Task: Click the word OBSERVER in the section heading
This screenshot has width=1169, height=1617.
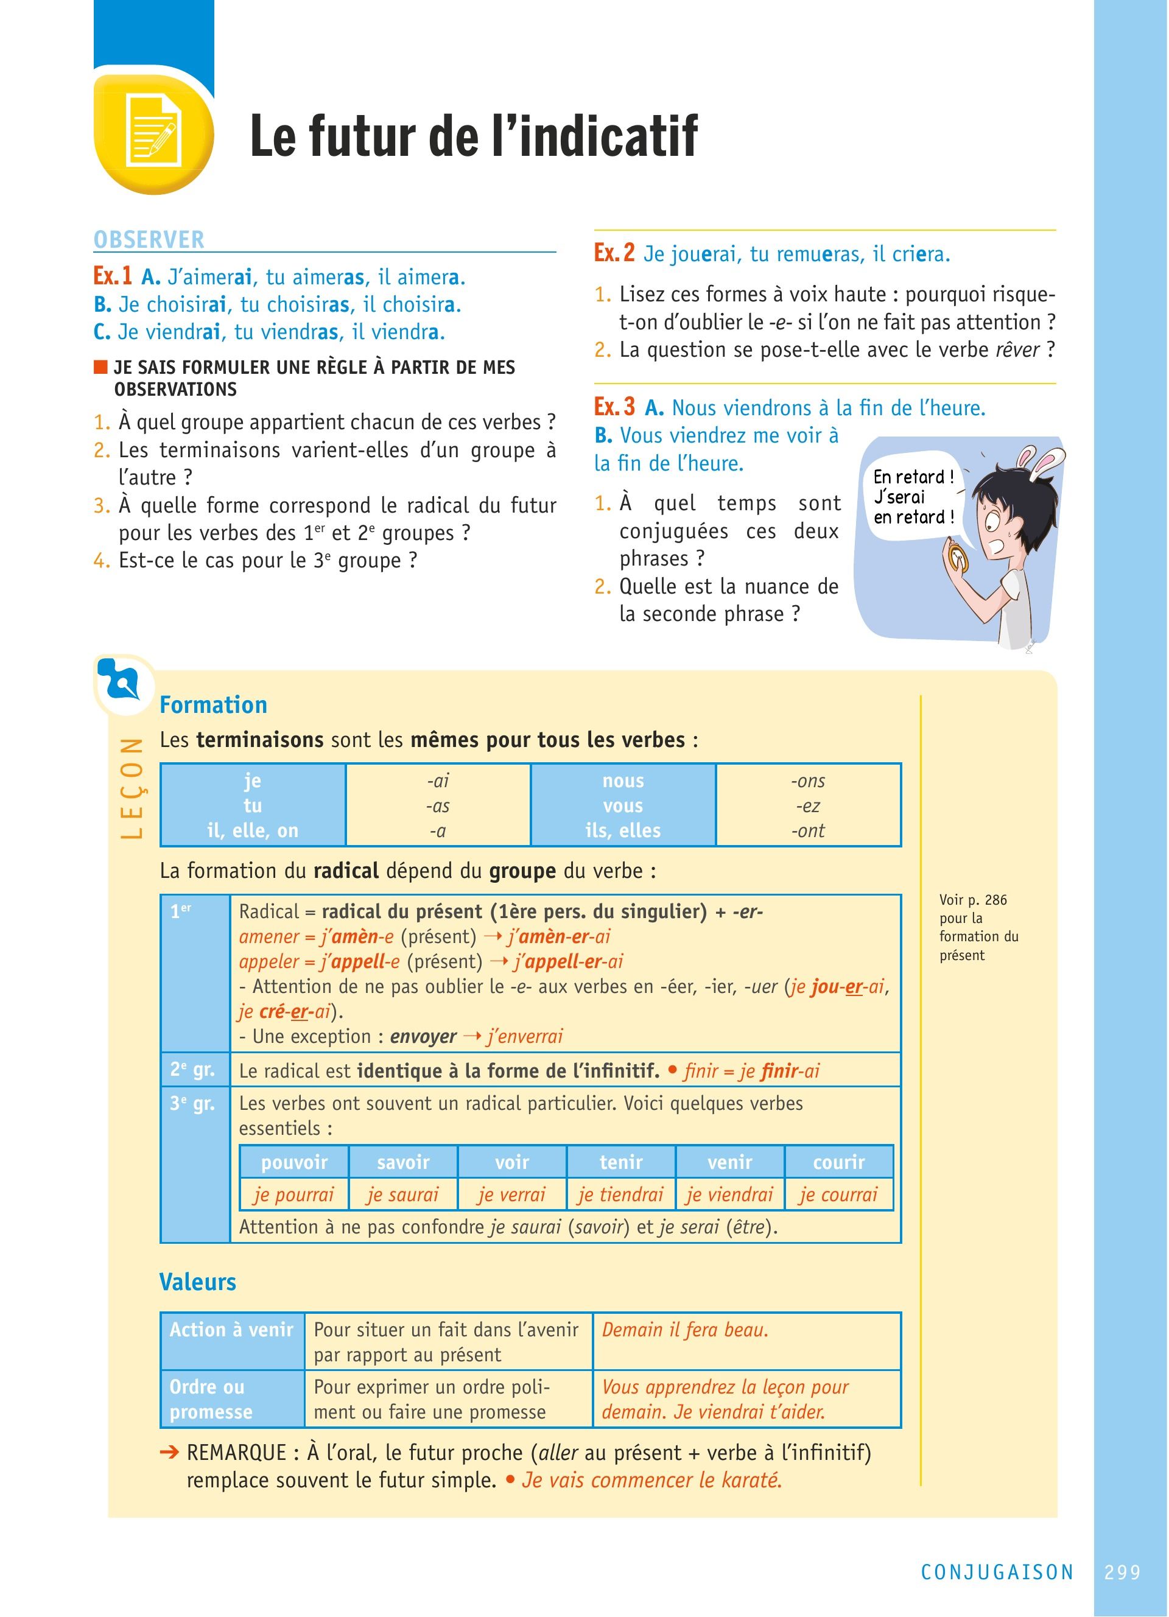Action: click(149, 239)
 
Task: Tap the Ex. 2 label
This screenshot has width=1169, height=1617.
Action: click(614, 253)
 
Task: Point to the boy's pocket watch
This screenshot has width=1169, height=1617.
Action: click(957, 557)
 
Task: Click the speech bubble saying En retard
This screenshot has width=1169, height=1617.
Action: click(913, 497)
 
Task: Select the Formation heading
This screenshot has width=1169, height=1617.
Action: click(213, 704)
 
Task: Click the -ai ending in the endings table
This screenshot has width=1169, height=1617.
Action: click(438, 780)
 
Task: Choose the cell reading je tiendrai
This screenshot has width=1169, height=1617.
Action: click(620, 1194)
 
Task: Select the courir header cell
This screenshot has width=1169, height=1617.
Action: click(838, 1162)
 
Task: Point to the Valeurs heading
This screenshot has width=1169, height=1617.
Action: click(197, 1282)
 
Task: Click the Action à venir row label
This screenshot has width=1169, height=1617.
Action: click(231, 1330)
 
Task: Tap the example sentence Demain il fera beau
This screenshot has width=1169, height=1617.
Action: click(685, 1330)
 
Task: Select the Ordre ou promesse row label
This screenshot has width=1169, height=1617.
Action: click(211, 1399)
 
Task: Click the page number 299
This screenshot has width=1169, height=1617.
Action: click(1122, 1572)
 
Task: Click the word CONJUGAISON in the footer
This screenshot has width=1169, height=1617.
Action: click(997, 1572)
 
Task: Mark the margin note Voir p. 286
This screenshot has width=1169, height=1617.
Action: click(973, 900)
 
